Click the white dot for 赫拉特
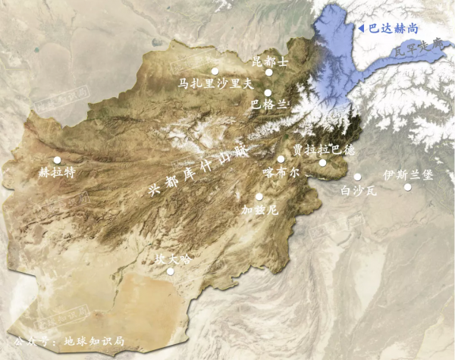[57, 160]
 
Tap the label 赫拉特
[58, 172]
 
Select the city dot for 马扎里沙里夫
[215, 71]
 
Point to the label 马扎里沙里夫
[209, 83]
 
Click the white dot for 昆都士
[268, 73]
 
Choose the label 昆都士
[270, 61]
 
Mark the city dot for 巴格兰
[268, 92]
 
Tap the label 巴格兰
[269, 105]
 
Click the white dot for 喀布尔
[281, 159]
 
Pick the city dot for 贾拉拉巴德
[322, 162]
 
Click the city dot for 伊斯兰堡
[407, 187]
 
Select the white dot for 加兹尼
[259, 196]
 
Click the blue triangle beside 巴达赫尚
[361, 28]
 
